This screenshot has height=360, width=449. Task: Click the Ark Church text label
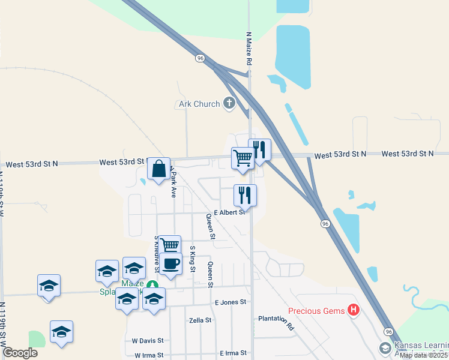click(x=199, y=104)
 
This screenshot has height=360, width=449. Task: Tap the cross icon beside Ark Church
click(x=229, y=103)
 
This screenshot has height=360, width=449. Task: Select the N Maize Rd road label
click(x=248, y=49)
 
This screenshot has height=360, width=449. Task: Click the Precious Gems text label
click(x=316, y=311)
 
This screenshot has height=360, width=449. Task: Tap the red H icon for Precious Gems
click(x=354, y=310)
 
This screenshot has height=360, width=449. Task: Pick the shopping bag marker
click(x=158, y=170)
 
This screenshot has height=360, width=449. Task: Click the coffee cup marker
click(x=170, y=263)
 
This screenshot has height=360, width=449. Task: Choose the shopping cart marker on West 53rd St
click(x=243, y=159)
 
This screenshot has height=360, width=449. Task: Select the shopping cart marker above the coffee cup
click(x=169, y=245)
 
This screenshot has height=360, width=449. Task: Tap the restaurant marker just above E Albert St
click(x=245, y=195)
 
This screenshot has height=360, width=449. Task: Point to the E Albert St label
click(x=230, y=212)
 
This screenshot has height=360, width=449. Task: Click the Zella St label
click(x=200, y=320)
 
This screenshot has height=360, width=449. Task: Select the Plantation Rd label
click(x=277, y=322)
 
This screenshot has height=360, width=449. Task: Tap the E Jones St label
click(x=231, y=302)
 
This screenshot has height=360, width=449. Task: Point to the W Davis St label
click(x=147, y=341)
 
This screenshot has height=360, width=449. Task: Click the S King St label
click(x=193, y=259)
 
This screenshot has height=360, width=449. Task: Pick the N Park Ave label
click(x=173, y=182)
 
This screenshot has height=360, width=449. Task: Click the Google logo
click(x=19, y=353)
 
